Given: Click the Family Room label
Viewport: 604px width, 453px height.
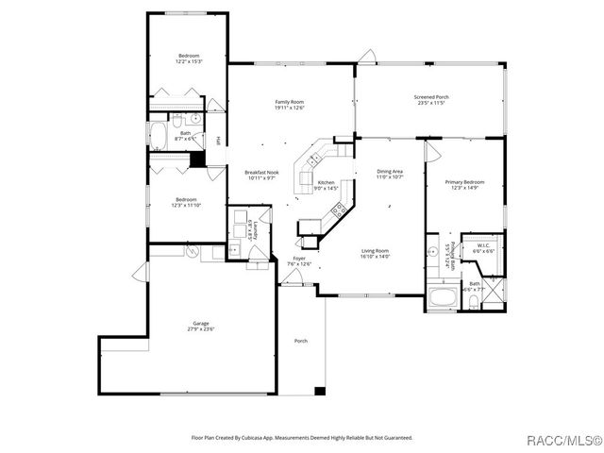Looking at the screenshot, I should tap(289, 102).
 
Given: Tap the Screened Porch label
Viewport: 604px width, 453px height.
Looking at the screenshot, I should tap(431, 97).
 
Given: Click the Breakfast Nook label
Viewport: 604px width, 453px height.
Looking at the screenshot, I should tap(261, 173).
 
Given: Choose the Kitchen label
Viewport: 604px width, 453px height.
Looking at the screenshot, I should tap(326, 182).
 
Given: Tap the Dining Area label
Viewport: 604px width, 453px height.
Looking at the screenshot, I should tap(390, 171).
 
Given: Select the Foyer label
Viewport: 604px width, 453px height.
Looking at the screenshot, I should tap(298, 258).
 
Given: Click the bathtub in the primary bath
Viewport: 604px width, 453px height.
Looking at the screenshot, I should tap(441, 300).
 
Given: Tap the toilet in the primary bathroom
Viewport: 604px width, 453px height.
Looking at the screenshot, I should tap(471, 301).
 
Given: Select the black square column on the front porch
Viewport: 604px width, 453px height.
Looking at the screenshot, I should tap(320, 391).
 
